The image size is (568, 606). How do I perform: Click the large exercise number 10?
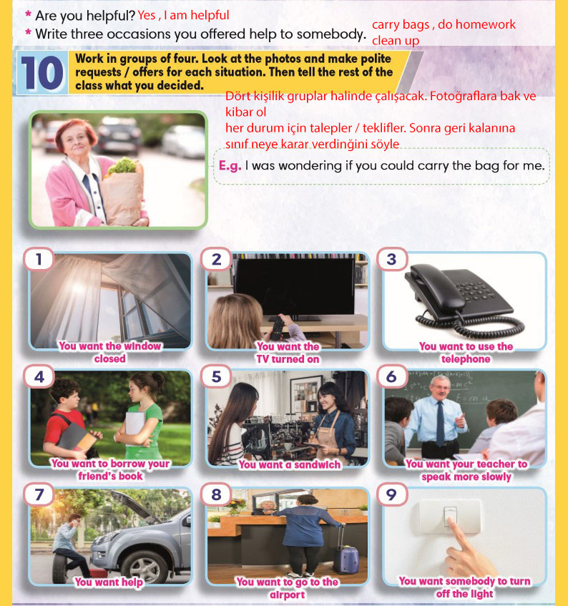[x=42, y=73]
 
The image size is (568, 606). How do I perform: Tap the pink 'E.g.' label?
[x=230, y=166]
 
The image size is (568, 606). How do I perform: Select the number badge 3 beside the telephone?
[x=391, y=259]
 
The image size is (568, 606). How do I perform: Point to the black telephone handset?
[x=435, y=287]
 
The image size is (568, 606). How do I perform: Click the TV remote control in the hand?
[x=278, y=328]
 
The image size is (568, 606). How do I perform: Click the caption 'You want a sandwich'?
[x=290, y=464]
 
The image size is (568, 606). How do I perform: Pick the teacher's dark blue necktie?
[x=440, y=423]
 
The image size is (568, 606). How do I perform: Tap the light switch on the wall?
[x=450, y=517]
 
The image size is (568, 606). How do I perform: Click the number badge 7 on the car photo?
[x=39, y=494]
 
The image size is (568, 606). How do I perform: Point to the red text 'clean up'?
[x=396, y=41]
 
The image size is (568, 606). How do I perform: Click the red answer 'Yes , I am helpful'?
[x=183, y=15]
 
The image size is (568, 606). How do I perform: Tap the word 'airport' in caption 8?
[x=288, y=595]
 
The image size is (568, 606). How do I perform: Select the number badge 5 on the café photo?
[x=216, y=376]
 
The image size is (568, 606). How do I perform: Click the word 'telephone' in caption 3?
[x=466, y=359]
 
